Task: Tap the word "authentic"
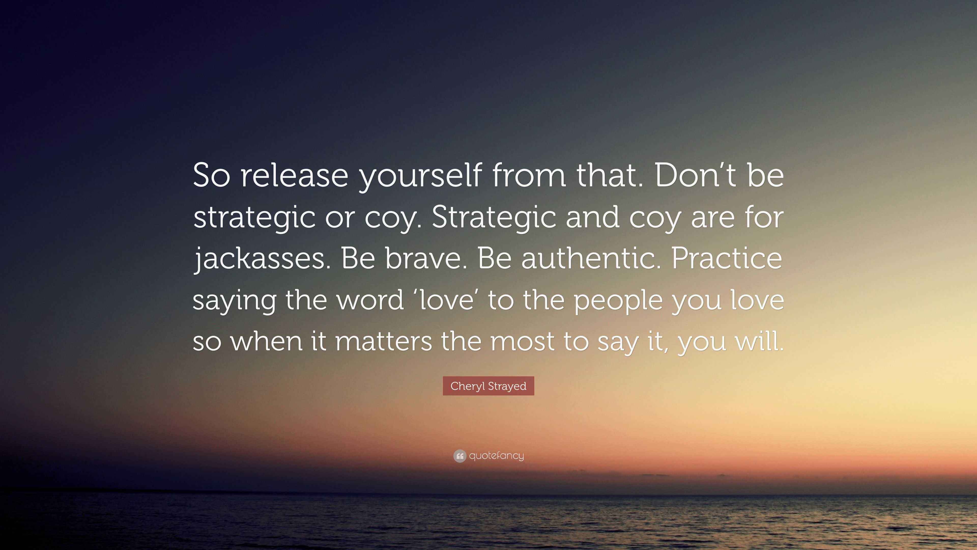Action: click(x=589, y=259)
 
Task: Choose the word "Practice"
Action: click(x=727, y=259)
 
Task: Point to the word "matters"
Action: click(x=383, y=341)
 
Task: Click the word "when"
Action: click(x=266, y=341)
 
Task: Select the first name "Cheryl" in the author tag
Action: click(x=467, y=386)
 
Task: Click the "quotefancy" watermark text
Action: click(x=496, y=456)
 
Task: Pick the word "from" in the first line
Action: click(x=529, y=176)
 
